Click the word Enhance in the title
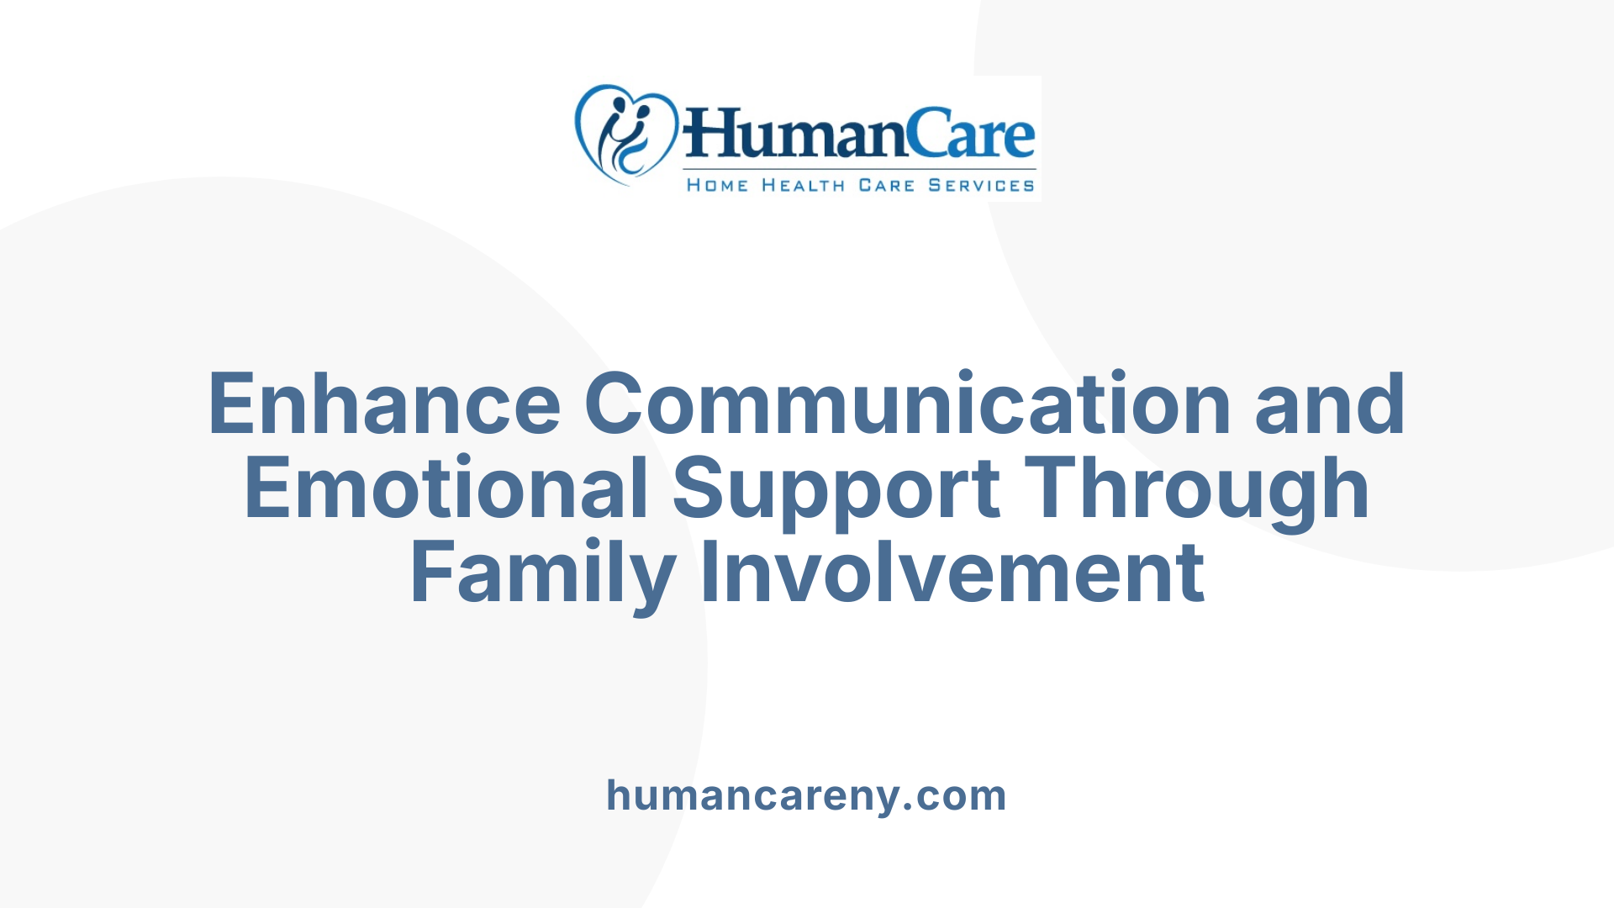384,404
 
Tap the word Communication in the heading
908,404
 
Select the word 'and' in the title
1330,404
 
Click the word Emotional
446,488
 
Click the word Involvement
953,573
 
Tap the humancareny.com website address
806,795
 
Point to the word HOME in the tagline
717,185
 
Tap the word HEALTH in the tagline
803,185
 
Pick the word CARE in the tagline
886,185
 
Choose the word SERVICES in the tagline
981,185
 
